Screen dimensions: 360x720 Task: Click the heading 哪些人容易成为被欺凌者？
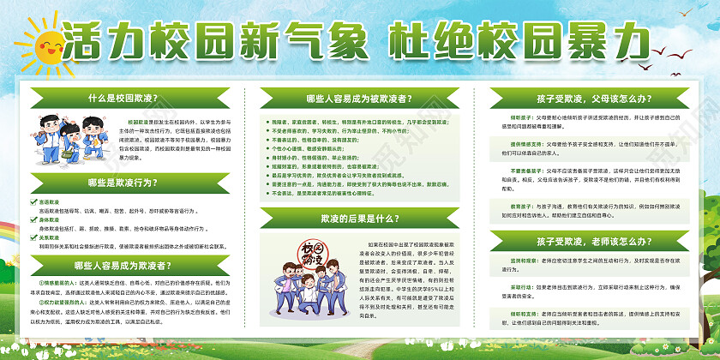point(360,98)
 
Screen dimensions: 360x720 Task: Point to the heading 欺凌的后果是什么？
point(360,220)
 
